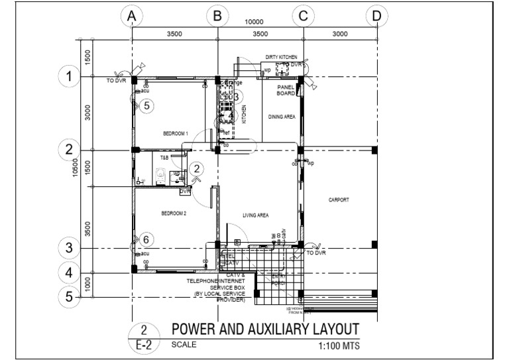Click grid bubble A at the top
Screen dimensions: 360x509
[x=133, y=16]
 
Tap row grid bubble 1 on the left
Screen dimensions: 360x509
[x=69, y=77]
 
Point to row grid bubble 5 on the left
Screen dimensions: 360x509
[x=69, y=296]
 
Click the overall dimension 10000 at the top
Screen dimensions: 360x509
[x=254, y=21]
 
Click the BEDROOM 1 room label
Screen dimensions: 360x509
[x=176, y=133]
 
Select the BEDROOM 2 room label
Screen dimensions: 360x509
[x=174, y=213]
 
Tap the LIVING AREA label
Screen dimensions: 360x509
[x=255, y=215]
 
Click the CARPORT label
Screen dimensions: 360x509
[x=338, y=200]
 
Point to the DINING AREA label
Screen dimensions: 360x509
[x=282, y=117]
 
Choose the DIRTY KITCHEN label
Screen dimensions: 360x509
[x=281, y=58]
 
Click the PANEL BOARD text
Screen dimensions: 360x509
[x=286, y=90]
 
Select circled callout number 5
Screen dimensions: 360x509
[x=147, y=105]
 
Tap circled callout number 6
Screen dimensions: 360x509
[x=147, y=240]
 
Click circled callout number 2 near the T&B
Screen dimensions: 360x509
[x=196, y=169]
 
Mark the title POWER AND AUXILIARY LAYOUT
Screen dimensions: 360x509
[x=265, y=330]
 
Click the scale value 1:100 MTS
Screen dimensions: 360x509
[x=338, y=345]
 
